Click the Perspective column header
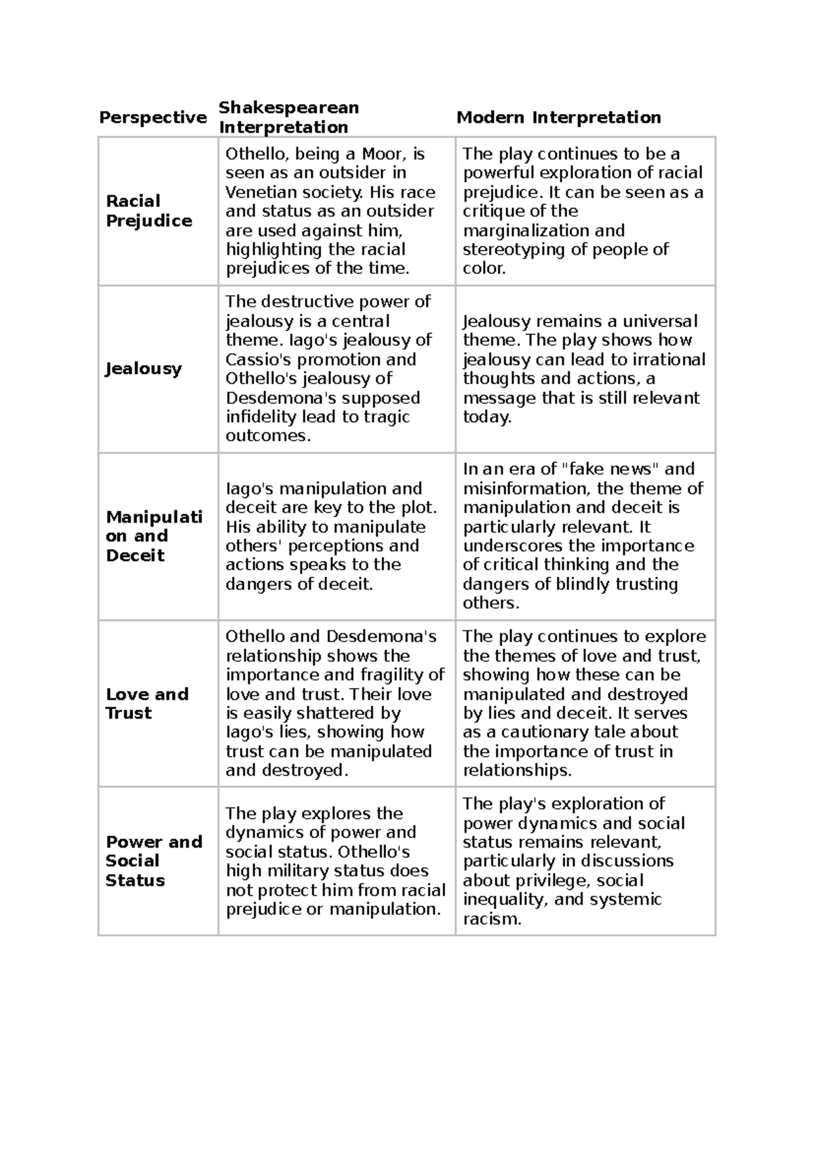pos(153,117)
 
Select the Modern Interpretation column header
pos(558,117)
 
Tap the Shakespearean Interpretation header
pos(288,117)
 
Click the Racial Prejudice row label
pos(149,211)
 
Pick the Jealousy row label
pos(143,369)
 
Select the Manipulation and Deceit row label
pos(153,536)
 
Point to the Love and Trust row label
pos(147,704)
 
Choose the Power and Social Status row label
pos(153,861)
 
